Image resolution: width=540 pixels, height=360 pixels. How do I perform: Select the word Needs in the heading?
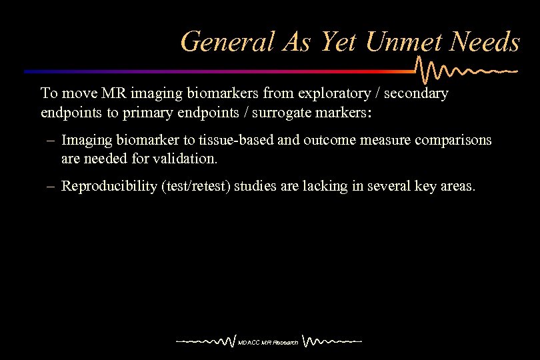coord(485,42)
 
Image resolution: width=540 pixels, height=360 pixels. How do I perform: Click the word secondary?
coord(417,93)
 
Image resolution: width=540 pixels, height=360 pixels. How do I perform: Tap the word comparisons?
coord(453,140)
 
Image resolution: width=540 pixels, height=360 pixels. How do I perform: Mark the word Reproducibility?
coord(109,187)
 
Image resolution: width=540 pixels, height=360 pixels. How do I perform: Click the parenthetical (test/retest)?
coord(197,187)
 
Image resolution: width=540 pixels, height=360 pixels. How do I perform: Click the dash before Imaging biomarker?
coord(51,141)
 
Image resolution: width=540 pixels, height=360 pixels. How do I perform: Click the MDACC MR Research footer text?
coord(268,343)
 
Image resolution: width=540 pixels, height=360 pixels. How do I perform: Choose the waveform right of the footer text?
coord(331,341)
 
